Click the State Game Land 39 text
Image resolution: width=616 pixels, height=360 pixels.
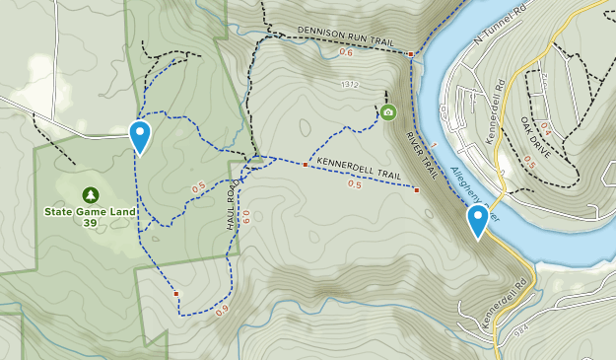91,216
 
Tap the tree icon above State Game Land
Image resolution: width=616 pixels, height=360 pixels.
91,194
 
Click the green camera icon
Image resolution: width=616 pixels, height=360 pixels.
387,112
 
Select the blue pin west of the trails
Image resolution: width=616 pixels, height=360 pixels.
141,135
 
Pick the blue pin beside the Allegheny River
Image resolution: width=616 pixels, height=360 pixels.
478,220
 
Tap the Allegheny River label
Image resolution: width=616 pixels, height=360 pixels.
474,191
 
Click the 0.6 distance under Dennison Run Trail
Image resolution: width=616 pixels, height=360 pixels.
346,52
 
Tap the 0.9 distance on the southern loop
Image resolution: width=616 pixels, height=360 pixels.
222,310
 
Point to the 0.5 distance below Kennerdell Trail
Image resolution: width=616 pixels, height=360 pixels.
354,184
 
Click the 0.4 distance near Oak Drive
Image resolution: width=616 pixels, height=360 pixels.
544,127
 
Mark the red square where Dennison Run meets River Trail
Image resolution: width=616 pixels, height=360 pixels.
411,54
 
